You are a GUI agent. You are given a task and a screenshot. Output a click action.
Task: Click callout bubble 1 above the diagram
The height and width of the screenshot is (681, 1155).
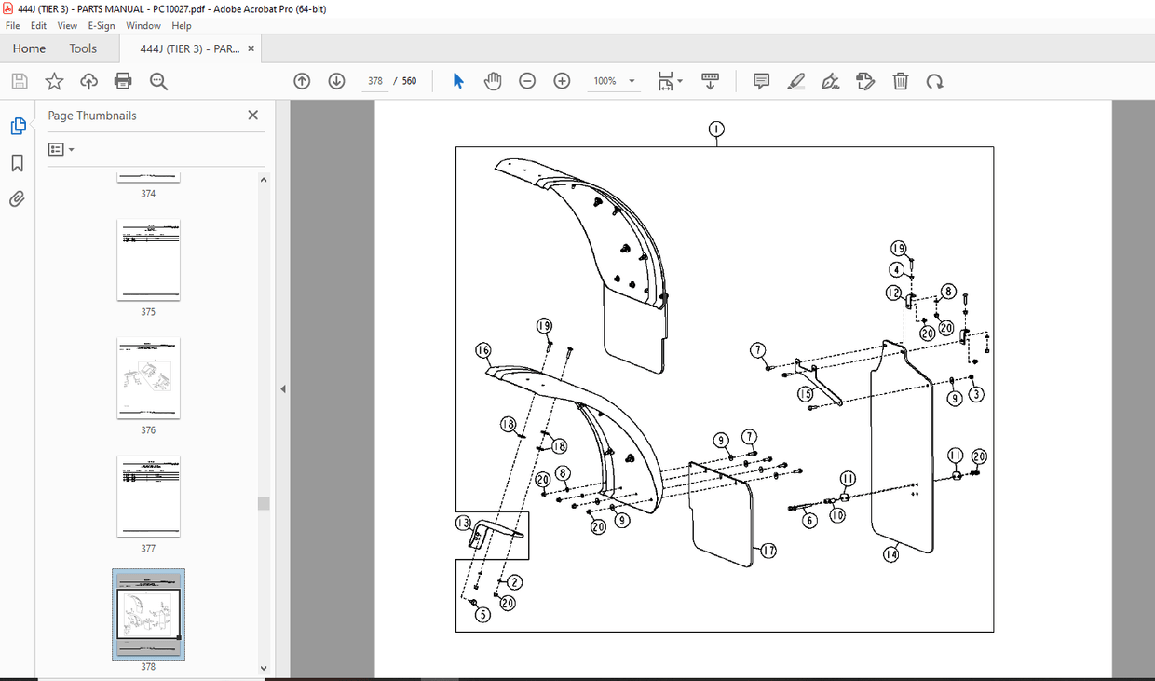pos(715,129)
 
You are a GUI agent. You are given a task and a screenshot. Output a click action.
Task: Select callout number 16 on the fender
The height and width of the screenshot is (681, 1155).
pos(482,350)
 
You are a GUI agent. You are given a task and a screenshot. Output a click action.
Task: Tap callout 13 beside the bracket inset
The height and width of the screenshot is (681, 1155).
pos(464,524)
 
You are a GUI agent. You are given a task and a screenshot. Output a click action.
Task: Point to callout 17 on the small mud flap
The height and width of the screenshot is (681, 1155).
pos(768,551)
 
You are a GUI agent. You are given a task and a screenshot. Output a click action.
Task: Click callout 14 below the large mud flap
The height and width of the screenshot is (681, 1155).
pos(891,553)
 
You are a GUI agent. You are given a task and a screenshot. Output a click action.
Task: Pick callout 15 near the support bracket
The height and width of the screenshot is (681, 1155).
pos(806,394)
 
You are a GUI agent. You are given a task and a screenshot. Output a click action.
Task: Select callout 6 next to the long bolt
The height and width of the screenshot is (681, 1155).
pos(809,520)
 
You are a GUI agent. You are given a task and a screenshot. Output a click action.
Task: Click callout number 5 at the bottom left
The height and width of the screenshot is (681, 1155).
pos(482,614)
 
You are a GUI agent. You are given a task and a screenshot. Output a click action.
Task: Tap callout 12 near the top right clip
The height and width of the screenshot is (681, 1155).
pos(893,293)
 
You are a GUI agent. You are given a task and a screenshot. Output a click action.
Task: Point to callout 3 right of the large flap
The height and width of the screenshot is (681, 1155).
pos(975,394)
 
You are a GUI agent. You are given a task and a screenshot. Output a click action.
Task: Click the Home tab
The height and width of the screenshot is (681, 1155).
pos(29,48)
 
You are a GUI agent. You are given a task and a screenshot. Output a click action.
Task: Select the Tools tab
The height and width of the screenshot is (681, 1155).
pos(83,48)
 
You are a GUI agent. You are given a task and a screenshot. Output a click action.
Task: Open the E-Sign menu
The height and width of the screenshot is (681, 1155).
pos(102,26)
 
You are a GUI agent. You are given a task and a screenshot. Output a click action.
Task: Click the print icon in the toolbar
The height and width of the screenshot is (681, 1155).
pos(123,81)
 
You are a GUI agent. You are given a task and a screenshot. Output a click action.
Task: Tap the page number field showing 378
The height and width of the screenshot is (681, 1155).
pos(375,81)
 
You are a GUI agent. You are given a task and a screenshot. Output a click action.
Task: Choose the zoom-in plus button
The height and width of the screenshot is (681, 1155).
pos(562,81)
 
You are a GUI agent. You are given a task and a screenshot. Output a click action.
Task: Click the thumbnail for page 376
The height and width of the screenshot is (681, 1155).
pos(148,378)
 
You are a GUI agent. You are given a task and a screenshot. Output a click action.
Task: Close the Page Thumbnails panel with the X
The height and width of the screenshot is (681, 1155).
pos(252,116)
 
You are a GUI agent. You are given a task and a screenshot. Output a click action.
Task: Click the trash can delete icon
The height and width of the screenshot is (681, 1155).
pos(900,81)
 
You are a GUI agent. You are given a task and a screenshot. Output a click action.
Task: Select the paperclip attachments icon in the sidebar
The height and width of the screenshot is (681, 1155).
pos(17,198)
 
